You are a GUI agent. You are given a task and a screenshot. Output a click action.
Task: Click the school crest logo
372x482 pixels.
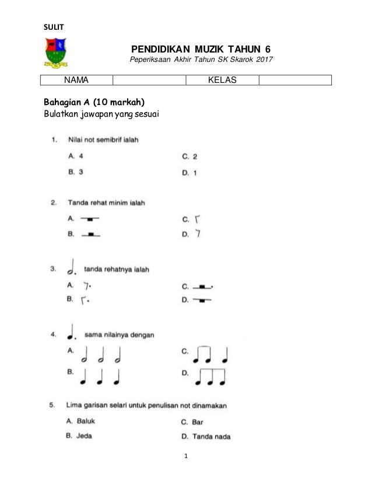56,51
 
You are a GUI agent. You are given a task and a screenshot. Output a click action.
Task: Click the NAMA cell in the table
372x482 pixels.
76,81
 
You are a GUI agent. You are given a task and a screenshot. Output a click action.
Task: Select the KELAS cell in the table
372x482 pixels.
222,81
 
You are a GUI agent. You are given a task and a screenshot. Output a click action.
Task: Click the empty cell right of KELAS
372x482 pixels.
294,81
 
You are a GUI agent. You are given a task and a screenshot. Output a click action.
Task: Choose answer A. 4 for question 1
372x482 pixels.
76,156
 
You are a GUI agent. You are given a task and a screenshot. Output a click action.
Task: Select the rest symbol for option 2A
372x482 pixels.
90,219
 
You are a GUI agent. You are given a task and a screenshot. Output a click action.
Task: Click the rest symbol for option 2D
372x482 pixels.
199,234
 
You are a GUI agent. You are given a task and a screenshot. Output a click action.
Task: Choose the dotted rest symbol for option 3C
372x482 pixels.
202,287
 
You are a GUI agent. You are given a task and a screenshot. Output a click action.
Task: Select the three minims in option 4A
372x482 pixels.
104,354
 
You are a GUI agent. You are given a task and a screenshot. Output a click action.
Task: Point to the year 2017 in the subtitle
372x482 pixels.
263,60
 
